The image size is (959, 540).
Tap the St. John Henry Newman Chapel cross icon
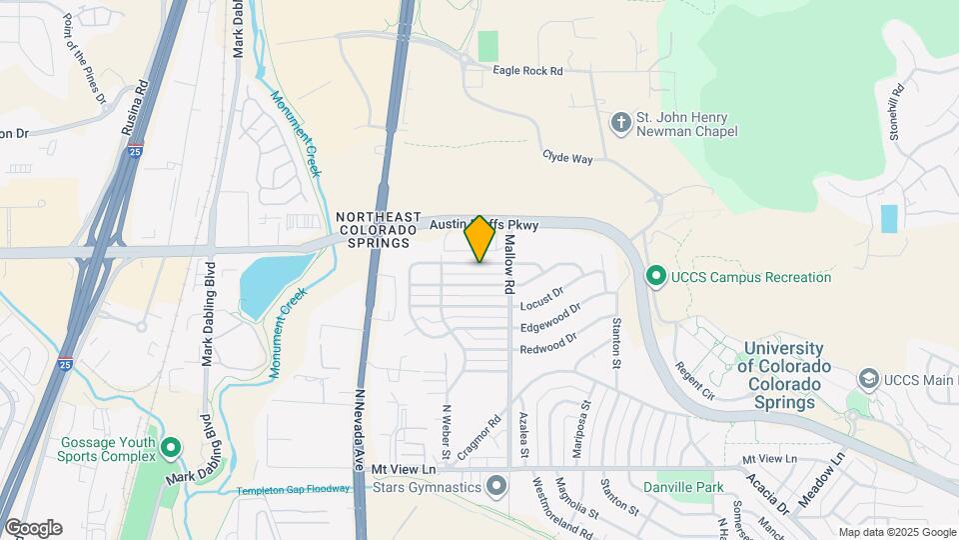(620, 123)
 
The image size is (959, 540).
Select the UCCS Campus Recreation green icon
(656, 275)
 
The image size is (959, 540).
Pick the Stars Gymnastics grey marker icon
(497, 487)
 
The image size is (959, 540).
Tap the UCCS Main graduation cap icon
(868, 379)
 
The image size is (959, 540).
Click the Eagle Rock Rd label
(527, 71)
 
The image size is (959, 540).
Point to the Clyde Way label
(567, 158)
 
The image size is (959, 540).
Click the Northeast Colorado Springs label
(373, 229)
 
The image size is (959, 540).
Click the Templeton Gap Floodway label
(294, 490)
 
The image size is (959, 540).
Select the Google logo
(33, 528)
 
